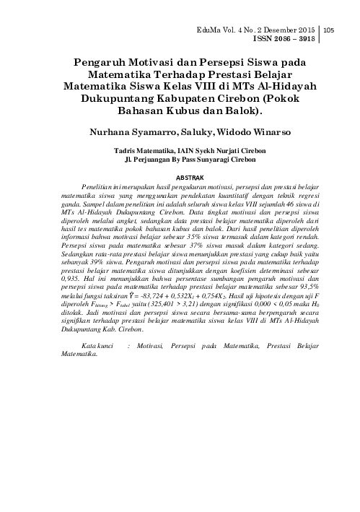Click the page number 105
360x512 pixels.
330,30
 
